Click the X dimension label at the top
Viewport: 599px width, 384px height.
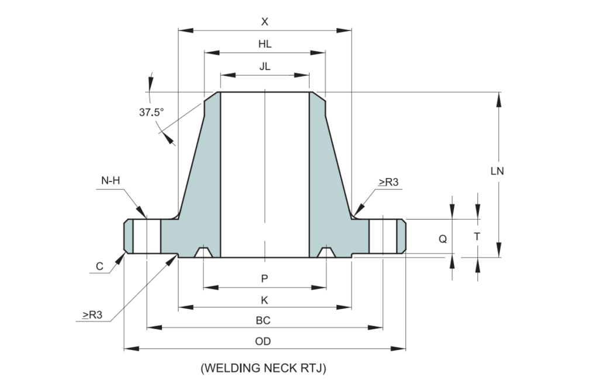[264, 22]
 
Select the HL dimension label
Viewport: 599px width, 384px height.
[265, 44]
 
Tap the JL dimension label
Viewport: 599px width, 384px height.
[265, 67]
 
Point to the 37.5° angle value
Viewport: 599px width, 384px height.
[151, 113]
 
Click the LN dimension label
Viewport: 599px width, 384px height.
[498, 172]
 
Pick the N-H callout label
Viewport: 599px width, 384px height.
[111, 180]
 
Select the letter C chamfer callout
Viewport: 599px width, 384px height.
[99, 266]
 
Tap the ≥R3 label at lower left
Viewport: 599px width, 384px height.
[92, 315]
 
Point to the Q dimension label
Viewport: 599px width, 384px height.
[443, 239]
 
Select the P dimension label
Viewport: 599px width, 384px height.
[264, 279]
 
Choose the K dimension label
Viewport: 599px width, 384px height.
[264, 300]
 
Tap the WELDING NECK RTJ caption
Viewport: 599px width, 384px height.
[263, 368]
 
